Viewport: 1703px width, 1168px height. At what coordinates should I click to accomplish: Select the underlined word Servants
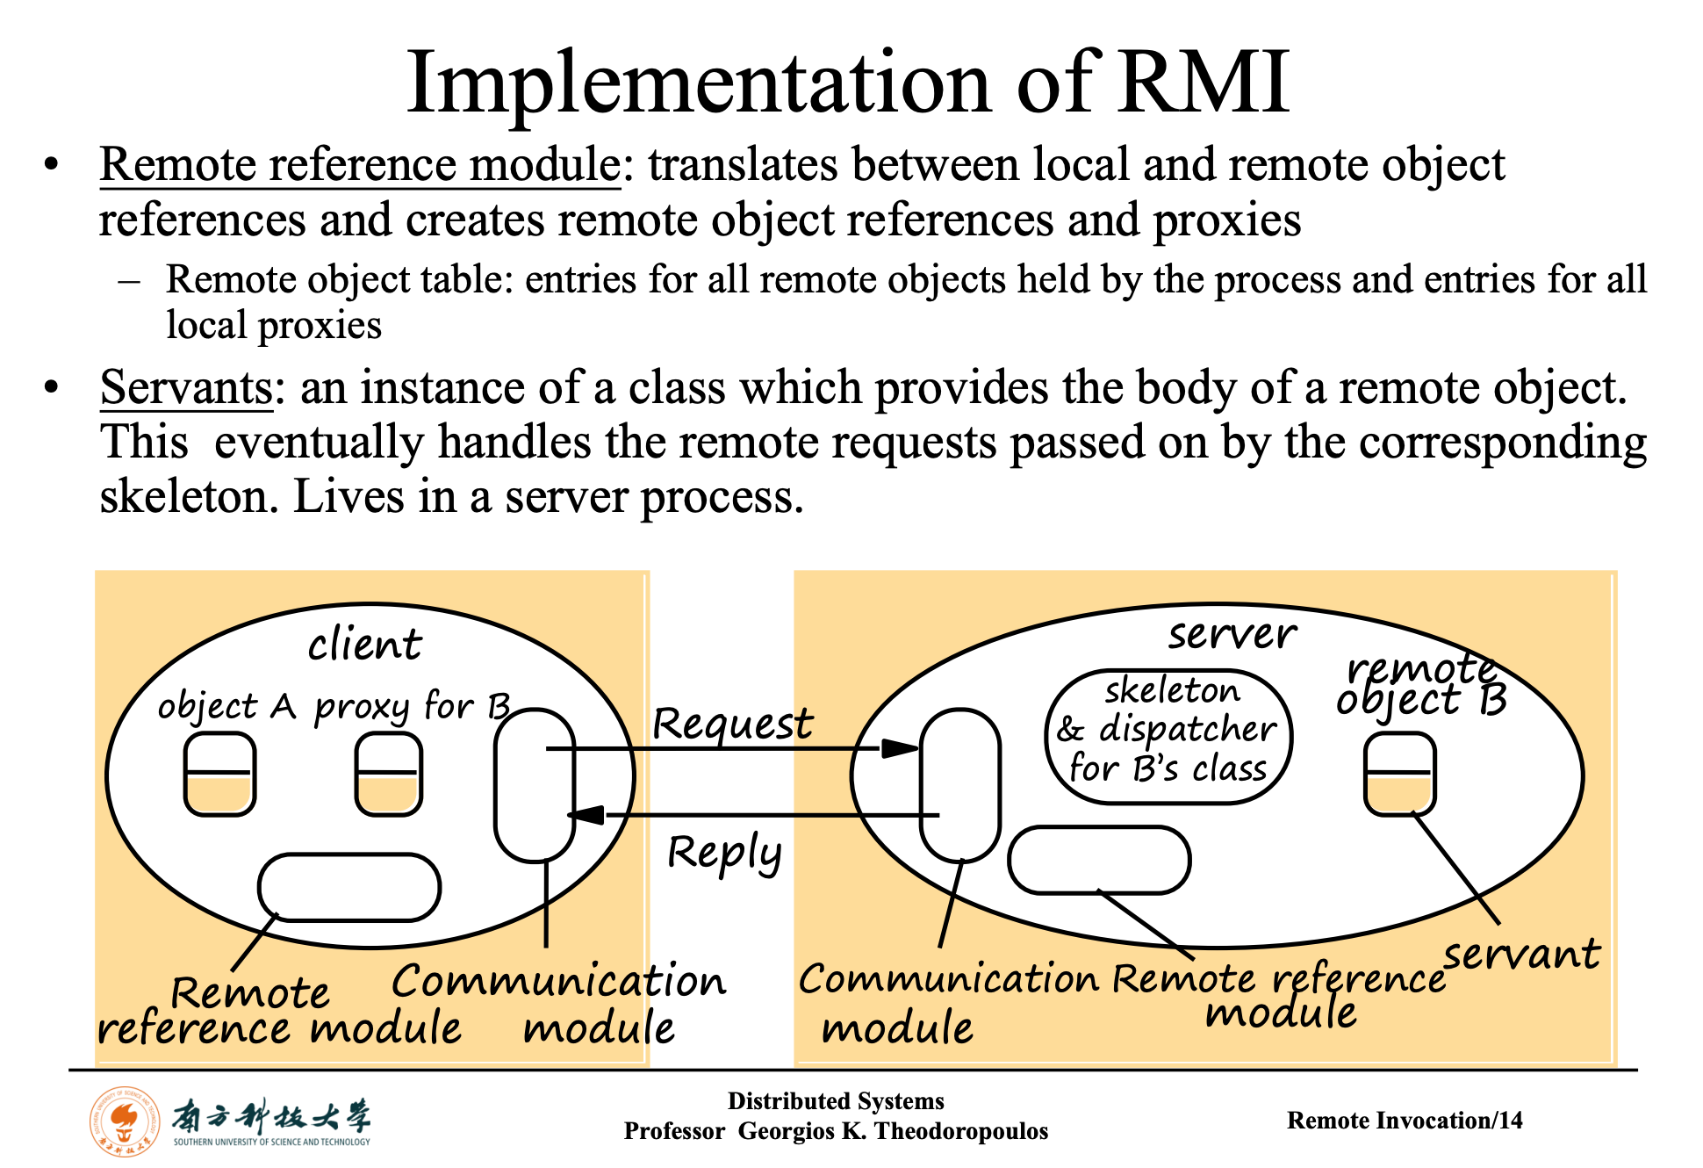[186, 388]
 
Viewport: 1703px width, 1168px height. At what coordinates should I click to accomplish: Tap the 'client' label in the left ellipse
[364, 645]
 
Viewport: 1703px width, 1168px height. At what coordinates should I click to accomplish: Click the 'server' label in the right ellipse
[1232, 634]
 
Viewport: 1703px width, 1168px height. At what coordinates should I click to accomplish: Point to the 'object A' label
[226, 706]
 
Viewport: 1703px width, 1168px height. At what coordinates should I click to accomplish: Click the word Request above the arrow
[733, 725]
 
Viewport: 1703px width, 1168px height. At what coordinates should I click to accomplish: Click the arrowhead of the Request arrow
[899, 748]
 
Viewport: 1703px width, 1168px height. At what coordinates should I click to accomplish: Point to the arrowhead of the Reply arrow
[586, 815]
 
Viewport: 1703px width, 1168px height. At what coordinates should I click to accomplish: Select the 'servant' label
[1522, 955]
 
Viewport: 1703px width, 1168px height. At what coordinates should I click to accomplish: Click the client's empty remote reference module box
[349, 887]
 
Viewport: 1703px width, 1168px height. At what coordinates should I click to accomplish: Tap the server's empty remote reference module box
[1099, 860]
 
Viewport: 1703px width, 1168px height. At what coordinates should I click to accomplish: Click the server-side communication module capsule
[960, 785]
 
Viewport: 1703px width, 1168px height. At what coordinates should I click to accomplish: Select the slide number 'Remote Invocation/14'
[1405, 1121]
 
